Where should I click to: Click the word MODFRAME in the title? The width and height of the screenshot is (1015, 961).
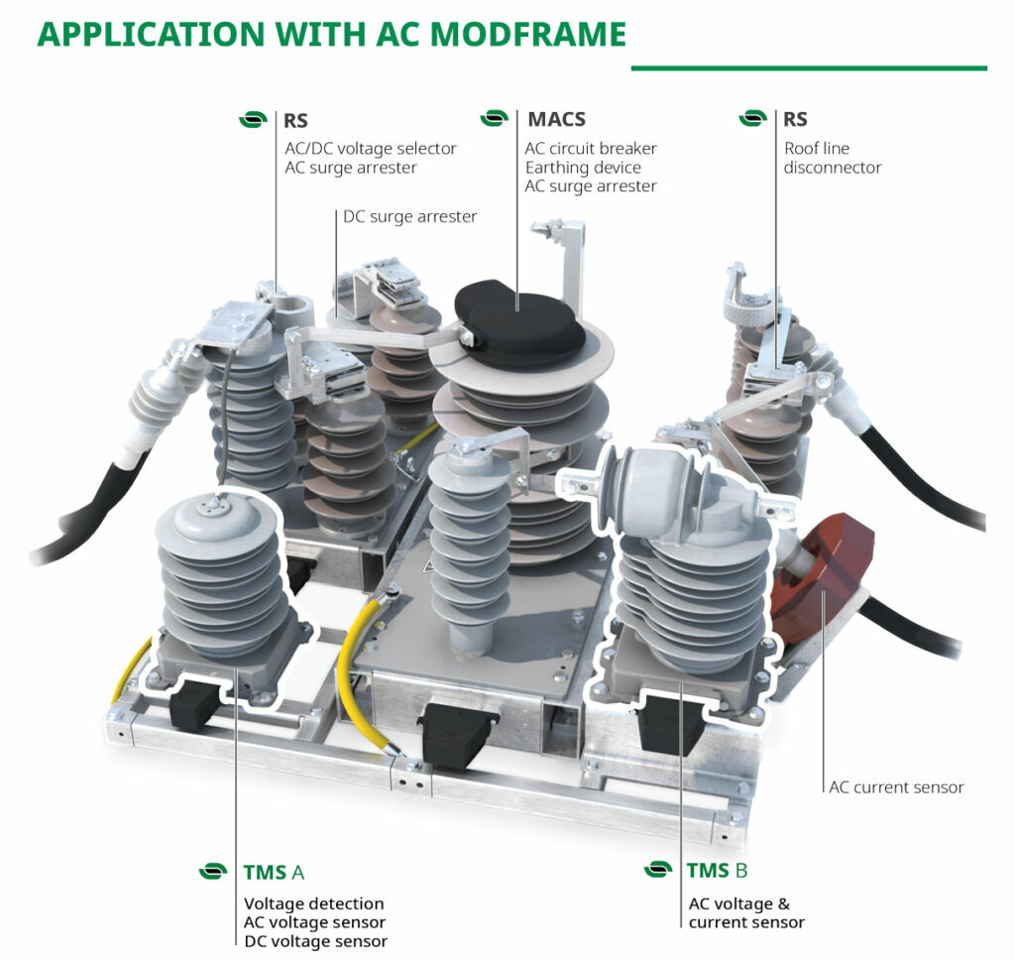tap(529, 34)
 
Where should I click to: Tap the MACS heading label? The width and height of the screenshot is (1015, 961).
tap(556, 120)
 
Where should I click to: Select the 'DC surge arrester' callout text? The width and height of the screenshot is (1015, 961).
tap(409, 216)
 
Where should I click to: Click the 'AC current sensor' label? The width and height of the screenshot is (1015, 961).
tap(896, 787)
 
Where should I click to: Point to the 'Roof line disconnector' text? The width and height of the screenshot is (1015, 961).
tap(832, 158)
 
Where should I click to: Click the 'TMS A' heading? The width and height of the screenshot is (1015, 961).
tap(274, 873)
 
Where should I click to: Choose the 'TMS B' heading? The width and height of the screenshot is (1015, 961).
tap(717, 871)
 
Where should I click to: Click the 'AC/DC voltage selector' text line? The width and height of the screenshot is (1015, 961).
tap(370, 149)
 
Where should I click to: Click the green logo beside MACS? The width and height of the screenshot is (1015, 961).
tap(494, 119)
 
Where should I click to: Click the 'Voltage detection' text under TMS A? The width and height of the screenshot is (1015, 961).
tap(313, 903)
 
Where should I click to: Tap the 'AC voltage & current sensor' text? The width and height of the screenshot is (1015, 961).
tap(745, 912)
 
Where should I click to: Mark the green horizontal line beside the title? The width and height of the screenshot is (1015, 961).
tap(809, 68)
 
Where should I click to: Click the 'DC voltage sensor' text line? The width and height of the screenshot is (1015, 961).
tap(315, 941)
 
